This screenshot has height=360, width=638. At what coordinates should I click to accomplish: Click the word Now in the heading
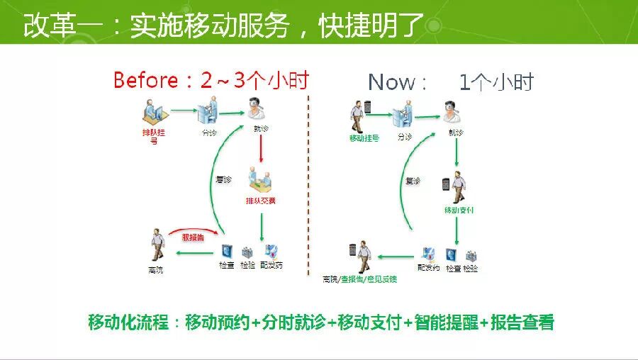click(x=392, y=82)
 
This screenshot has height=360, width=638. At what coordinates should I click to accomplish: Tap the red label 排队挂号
click(x=154, y=136)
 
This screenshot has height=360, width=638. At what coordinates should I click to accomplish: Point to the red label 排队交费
click(x=261, y=201)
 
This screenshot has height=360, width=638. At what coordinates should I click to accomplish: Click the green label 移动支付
click(x=459, y=210)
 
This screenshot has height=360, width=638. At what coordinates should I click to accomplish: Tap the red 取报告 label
click(x=193, y=238)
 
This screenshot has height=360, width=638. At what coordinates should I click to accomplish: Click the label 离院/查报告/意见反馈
click(x=359, y=279)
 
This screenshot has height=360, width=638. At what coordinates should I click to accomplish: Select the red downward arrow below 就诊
click(x=261, y=150)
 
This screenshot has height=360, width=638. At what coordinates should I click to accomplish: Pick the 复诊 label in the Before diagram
click(x=223, y=180)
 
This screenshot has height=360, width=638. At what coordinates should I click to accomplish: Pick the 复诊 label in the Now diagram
click(x=413, y=181)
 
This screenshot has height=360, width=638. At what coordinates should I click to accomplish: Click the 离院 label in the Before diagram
click(x=156, y=269)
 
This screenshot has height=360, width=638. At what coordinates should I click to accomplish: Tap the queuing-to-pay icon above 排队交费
click(x=260, y=180)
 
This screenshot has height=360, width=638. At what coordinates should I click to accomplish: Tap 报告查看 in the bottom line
click(x=522, y=322)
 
